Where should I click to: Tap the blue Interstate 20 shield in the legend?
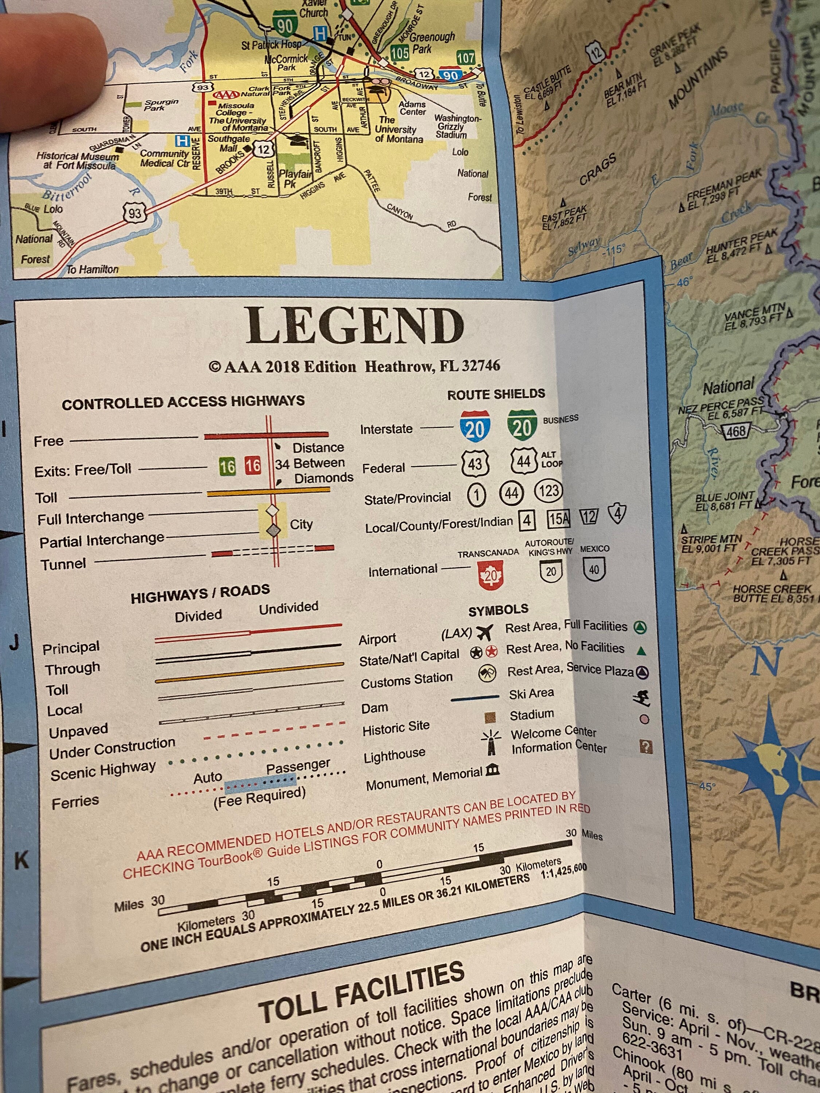475,426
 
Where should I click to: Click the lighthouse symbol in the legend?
491,744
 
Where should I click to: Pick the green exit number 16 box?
227,466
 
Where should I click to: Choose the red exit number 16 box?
253,466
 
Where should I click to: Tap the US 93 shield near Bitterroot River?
134,213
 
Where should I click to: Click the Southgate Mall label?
229,143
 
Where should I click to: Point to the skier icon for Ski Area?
641,698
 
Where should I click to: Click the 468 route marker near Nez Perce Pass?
736,431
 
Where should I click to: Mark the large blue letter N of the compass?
766,661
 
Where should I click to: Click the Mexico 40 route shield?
594,570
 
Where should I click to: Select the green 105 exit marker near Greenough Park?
399,52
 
